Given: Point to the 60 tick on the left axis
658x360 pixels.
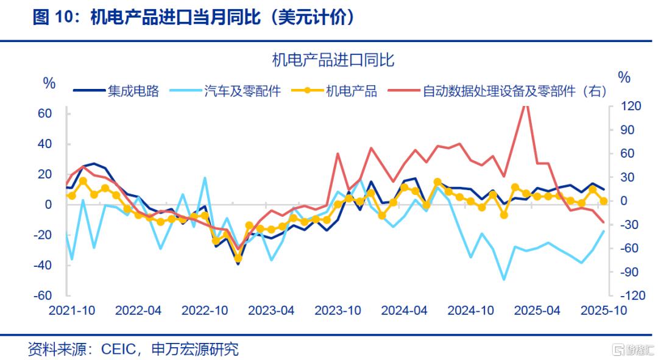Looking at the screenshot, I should pos(44,114).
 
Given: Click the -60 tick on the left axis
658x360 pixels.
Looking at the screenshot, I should pos(41,295).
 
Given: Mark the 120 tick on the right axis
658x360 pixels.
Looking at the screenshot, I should pos(631,107).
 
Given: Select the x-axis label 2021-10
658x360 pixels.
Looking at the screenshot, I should pos(72,310).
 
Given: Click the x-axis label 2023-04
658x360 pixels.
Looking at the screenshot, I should pos(272,310).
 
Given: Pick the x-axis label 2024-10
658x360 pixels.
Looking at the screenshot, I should pos(470,310).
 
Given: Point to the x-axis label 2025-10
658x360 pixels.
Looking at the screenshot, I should pos(603,310).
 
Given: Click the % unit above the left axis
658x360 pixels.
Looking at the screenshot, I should pos(49,83).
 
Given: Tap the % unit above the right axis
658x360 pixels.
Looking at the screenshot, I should pos(624,77).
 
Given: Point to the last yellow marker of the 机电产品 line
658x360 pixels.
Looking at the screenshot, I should pos(604,201).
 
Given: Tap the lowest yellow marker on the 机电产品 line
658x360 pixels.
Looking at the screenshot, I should pos(238,258).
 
